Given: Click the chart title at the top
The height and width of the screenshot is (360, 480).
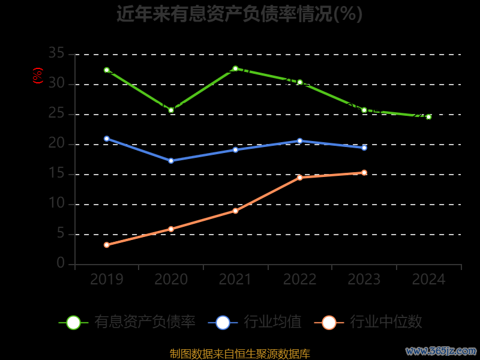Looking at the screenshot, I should [239, 13].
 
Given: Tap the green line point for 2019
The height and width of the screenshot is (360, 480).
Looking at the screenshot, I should [107, 70].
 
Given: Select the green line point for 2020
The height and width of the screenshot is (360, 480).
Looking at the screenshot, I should [171, 110].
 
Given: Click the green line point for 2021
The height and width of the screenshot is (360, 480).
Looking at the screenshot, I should [235, 68].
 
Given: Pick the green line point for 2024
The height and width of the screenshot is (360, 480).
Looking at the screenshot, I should [428, 117].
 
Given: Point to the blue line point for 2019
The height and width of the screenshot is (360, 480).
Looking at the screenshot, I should [107, 139].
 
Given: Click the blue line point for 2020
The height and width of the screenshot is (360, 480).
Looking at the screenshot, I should [171, 161].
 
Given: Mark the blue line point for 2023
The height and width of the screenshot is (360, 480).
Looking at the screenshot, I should [364, 148].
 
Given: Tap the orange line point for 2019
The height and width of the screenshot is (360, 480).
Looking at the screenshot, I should [107, 245].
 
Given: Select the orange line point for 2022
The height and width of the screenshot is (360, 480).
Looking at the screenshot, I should [300, 178].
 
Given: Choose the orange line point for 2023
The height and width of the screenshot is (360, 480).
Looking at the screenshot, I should [364, 173].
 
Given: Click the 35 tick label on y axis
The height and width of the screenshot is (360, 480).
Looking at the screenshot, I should [56, 54].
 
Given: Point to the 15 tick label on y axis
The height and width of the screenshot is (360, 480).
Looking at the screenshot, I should [56, 174].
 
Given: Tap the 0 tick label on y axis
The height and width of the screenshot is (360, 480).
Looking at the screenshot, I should [61, 264].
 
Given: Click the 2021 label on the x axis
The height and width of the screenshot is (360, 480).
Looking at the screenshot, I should [235, 280].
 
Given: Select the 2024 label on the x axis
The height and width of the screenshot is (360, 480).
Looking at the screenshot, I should [428, 280].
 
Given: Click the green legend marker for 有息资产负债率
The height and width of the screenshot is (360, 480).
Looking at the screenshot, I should [73, 322].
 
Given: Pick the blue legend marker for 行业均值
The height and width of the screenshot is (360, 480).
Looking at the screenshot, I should [223, 322].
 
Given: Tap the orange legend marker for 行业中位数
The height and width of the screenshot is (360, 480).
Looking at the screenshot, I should [329, 322].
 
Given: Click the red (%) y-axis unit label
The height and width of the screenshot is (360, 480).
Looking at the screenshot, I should [38, 76].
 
